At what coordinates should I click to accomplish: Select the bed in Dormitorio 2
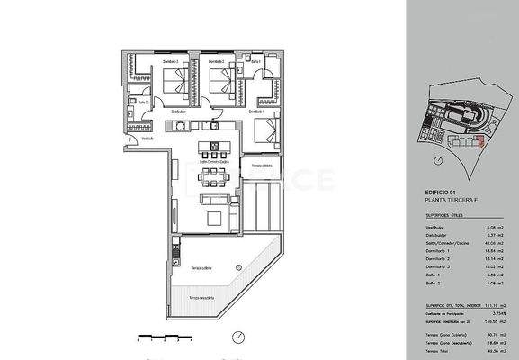coord(220,84)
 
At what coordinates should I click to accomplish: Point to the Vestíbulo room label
coord(148,139)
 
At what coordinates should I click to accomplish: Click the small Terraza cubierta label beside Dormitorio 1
coord(261,166)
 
